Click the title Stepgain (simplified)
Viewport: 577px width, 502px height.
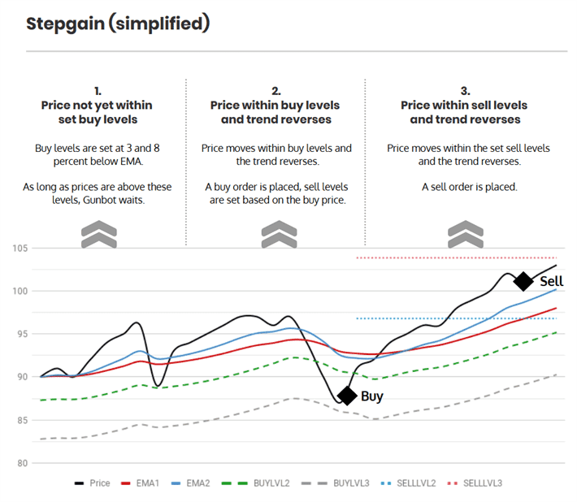coord(118,24)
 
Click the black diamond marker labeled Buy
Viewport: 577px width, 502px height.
coord(347,396)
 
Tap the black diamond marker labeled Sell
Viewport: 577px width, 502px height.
coord(524,281)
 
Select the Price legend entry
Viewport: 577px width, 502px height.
coord(92,483)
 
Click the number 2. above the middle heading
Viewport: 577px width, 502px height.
coord(275,91)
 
